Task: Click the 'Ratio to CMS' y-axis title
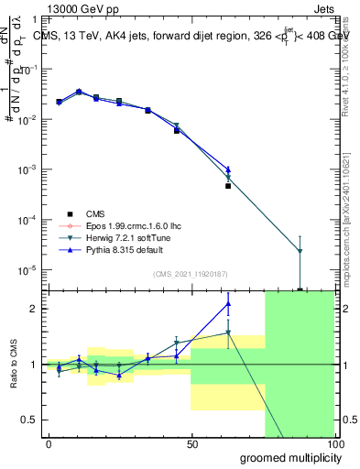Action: (14, 365)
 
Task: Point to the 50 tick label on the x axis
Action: (191, 443)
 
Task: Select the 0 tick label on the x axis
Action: (49, 443)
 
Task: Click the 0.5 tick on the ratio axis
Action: (31, 420)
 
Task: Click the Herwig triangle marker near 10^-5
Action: (300, 251)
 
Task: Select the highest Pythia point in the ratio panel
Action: (228, 303)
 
